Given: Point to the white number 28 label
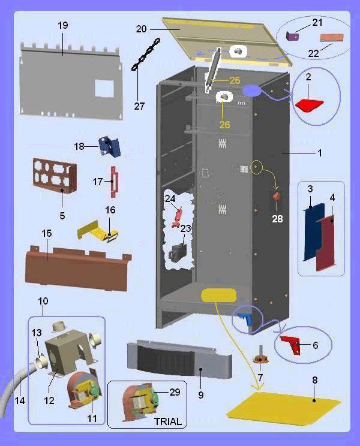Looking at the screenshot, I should coord(277,219).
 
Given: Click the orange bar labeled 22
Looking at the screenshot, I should coord(328,38).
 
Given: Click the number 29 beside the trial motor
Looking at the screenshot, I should coord(175,392).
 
